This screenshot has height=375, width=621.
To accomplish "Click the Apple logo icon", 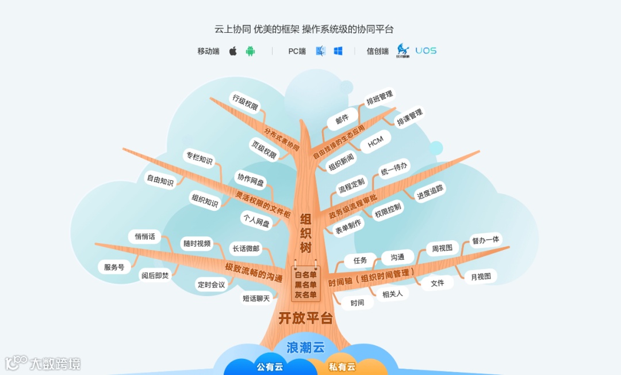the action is click(x=233, y=51).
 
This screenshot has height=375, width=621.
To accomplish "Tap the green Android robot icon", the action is click(x=250, y=51).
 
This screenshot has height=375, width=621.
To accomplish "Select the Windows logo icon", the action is click(x=338, y=51).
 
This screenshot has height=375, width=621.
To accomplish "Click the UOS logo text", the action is click(x=426, y=51).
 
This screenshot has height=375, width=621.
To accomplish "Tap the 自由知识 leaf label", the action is click(x=160, y=180).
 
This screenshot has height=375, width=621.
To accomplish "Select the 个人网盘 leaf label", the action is click(x=256, y=221).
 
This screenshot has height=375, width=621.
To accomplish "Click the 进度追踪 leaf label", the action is click(x=431, y=192).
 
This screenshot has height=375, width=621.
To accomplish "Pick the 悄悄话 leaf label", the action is click(x=145, y=236).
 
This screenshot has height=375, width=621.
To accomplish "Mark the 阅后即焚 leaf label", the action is click(x=156, y=275).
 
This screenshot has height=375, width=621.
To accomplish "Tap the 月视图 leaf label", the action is click(x=481, y=276).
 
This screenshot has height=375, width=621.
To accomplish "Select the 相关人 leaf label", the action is click(x=393, y=293).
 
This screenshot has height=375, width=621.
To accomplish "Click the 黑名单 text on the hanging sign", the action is click(x=306, y=285).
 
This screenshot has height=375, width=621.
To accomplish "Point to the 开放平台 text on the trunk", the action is click(x=305, y=318).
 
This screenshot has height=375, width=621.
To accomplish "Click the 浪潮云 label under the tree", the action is click(x=306, y=347).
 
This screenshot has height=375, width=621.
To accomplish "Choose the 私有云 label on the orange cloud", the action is click(x=342, y=367).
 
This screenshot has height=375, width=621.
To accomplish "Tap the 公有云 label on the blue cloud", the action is click(x=270, y=367).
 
